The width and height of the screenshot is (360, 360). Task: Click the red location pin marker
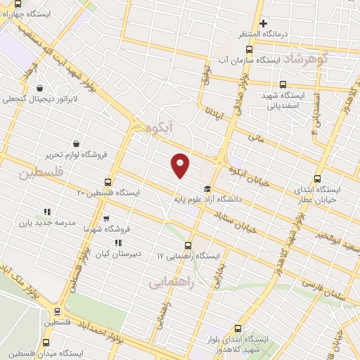[181, 165]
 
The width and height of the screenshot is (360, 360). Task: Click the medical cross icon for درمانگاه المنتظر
[263, 24]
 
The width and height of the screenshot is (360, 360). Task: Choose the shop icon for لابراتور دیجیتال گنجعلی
[40, 89]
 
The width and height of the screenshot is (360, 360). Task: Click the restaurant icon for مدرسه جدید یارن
[48, 212]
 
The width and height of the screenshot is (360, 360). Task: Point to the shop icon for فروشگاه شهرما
[106, 219]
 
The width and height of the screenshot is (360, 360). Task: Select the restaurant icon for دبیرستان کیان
[118, 243]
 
